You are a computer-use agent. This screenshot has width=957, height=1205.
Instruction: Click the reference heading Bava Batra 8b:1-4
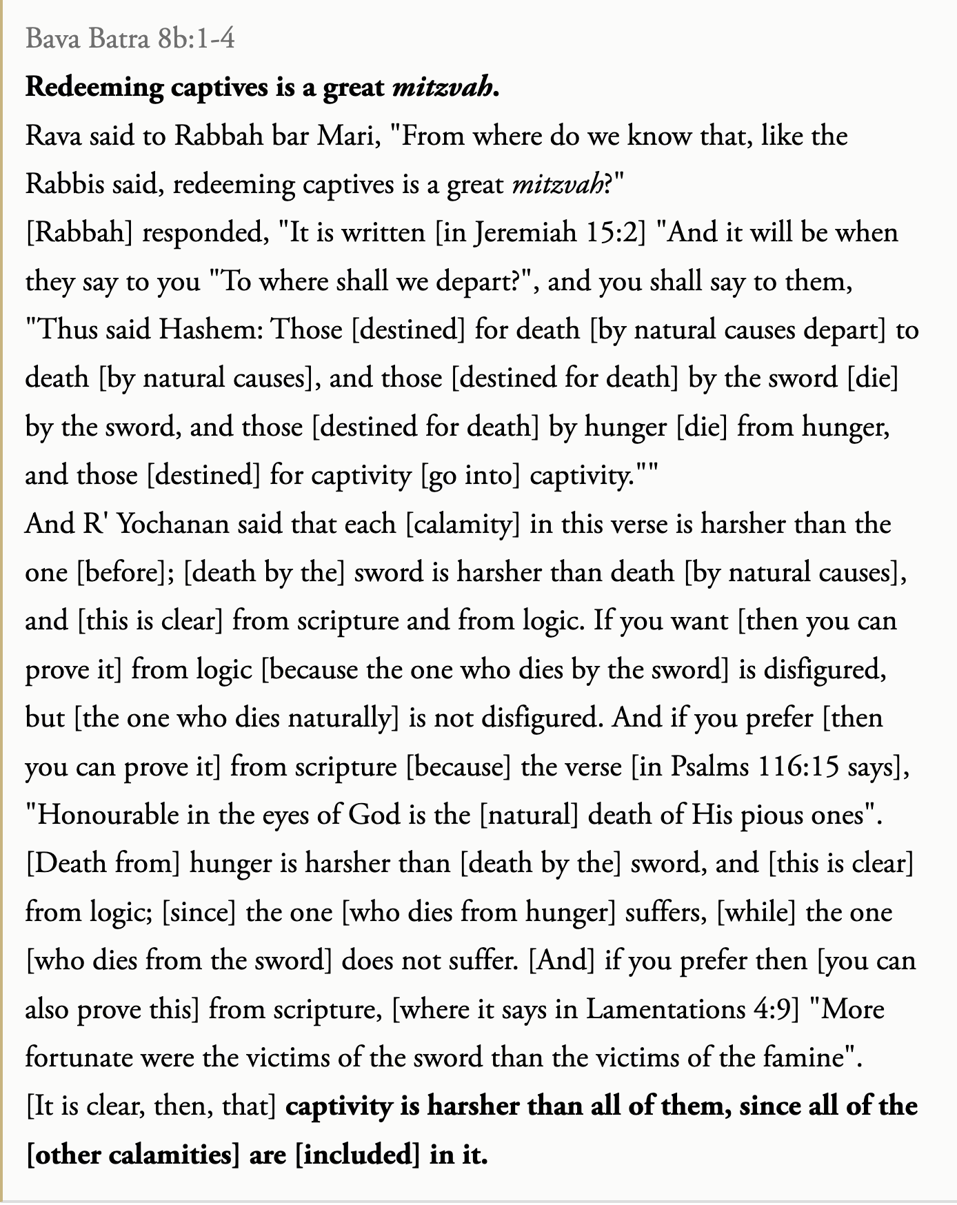[130, 39]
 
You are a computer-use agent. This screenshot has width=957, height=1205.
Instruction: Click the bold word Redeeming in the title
[94, 88]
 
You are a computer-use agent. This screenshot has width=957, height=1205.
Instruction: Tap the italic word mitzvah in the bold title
[442, 88]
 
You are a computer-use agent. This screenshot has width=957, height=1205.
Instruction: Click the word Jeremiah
[525, 233]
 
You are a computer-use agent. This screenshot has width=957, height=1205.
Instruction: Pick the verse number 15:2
[616, 233]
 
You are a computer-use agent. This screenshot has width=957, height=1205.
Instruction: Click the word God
[374, 815]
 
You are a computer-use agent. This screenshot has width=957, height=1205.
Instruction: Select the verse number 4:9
[773, 1009]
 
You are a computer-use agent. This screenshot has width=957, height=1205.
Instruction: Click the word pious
[772, 815]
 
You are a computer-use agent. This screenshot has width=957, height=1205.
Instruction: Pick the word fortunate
[78, 1057]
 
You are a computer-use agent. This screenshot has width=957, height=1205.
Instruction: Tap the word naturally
[339, 718]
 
